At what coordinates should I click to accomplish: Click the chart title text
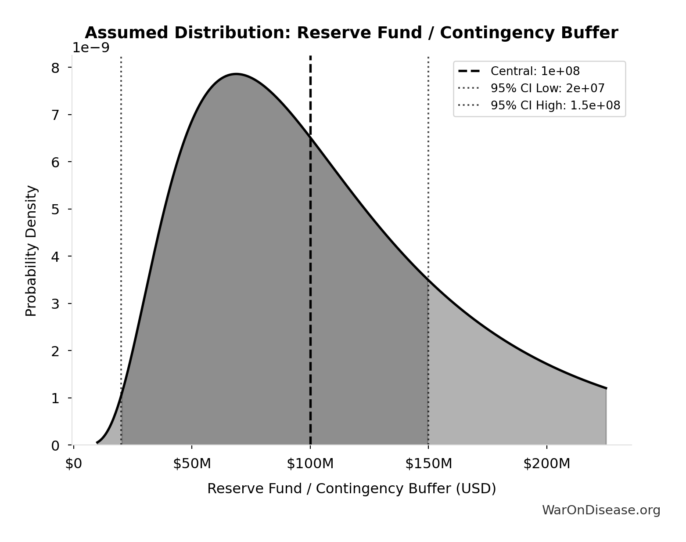click(351, 33)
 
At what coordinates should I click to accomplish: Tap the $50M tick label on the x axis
click(192, 464)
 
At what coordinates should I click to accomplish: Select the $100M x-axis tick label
click(310, 464)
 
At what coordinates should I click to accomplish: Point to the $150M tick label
click(428, 464)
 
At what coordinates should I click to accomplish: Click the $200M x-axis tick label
click(546, 464)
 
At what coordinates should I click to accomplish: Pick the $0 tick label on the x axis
click(74, 464)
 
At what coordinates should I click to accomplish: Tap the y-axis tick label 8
click(55, 68)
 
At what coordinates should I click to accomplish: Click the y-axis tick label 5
click(55, 209)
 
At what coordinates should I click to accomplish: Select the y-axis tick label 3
click(55, 304)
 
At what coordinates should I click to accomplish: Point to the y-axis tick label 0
click(55, 445)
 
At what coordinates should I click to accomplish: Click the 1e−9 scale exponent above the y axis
click(91, 47)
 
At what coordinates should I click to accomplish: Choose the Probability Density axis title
click(32, 250)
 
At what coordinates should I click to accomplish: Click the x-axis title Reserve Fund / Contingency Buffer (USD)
click(351, 488)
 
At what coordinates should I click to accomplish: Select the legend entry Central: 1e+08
click(535, 71)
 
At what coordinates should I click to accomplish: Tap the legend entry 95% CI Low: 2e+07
click(547, 88)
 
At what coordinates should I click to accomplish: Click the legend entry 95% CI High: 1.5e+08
click(555, 105)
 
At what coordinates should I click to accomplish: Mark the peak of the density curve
click(236, 74)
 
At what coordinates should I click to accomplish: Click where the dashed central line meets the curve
click(310, 137)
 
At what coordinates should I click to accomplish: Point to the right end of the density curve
click(606, 388)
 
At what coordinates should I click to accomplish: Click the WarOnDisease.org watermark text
click(601, 510)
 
